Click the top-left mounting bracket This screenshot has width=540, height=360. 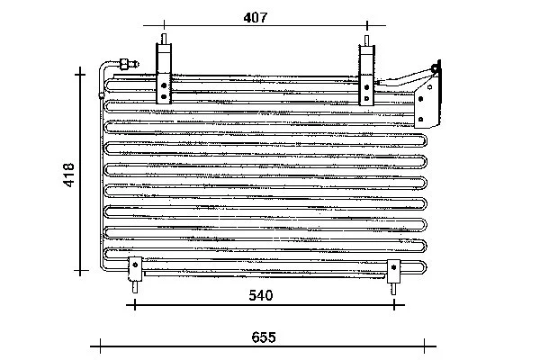pyautogui.click(x=164, y=76)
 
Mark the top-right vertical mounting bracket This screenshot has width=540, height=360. pyautogui.click(x=367, y=76)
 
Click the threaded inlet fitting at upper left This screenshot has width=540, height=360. pyautogui.click(x=120, y=63)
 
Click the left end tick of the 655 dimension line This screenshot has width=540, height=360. pyautogui.click(x=95, y=346)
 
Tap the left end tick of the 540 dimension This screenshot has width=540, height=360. pyautogui.click(x=135, y=305)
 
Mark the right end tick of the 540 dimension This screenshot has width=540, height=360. pyautogui.click(x=393, y=305)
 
